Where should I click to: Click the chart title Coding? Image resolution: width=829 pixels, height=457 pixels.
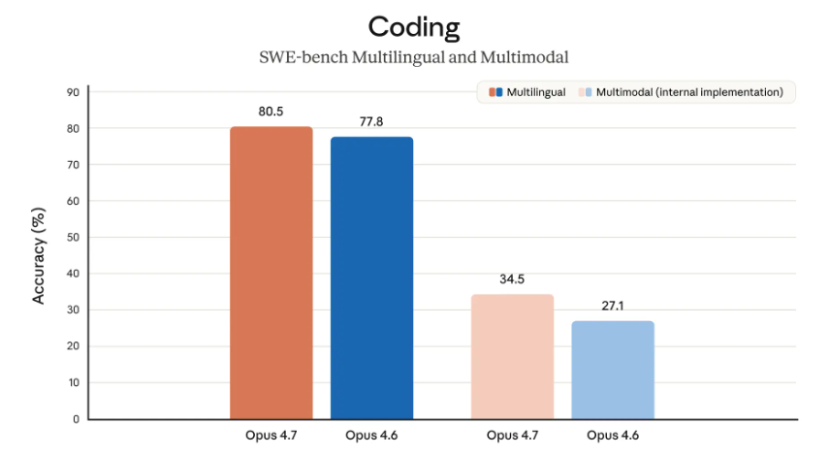coord(414,25)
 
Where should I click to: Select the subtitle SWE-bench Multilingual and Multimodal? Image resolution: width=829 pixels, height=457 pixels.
coord(414,57)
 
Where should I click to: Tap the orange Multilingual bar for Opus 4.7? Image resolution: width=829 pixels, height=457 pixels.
coord(271,273)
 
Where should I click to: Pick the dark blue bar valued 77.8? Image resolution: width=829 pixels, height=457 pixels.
coord(371,277)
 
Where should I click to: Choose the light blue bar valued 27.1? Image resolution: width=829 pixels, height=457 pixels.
coord(613,370)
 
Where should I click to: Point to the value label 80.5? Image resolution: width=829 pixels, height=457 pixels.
coord(271,112)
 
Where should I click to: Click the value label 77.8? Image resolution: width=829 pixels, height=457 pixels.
coord(371,122)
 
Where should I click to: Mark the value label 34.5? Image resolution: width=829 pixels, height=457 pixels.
coord(512,278)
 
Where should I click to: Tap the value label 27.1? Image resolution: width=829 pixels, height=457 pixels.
coord(613,306)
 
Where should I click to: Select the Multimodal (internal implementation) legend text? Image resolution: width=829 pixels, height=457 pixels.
coord(689,92)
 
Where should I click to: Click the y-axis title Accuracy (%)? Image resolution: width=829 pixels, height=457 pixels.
coord(40,255)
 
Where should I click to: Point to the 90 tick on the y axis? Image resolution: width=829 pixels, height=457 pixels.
coord(73,92)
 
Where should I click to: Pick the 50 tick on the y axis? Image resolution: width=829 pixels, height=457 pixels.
coord(73,238)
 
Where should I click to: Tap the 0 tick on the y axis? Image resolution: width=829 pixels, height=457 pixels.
coord(76,419)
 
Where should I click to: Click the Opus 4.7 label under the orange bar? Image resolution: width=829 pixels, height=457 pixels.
coord(271,435)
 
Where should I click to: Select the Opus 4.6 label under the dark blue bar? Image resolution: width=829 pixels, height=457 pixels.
coord(371,435)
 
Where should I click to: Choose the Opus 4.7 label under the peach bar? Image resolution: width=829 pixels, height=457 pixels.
coord(512,435)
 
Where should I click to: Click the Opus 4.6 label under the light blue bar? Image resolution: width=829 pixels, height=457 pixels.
coord(613,435)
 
